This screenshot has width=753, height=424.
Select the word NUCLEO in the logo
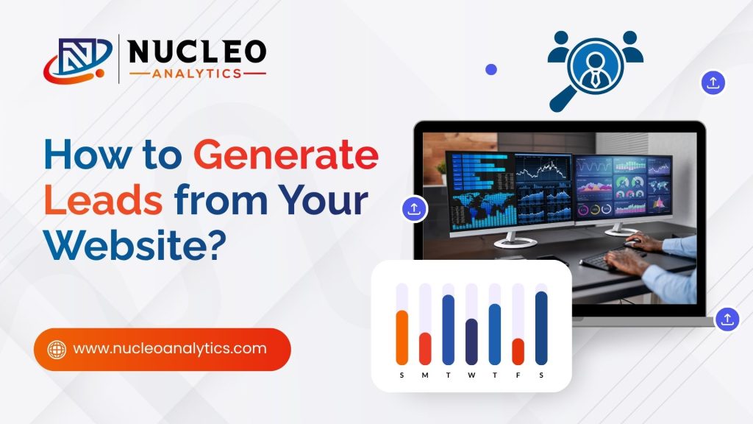(198, 51)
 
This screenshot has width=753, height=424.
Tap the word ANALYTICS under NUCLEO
(197, 74)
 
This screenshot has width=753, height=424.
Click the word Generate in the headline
(286, 158)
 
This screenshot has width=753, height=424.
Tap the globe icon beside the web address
(57, 349)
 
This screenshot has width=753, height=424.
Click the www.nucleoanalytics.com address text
(170, 348)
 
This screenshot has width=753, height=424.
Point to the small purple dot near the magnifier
(491, 69)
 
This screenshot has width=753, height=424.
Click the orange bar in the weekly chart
(402, 337)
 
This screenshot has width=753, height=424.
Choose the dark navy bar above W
(471, 342)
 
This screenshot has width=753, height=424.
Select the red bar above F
(518, 351)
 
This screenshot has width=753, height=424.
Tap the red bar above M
(425, 348)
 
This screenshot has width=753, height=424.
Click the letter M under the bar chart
(425, 375)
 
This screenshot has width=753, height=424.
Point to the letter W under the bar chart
(471, 375)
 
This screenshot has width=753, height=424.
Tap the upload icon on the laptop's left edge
(414, 208)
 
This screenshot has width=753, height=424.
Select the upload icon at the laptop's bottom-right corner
(727, 319)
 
